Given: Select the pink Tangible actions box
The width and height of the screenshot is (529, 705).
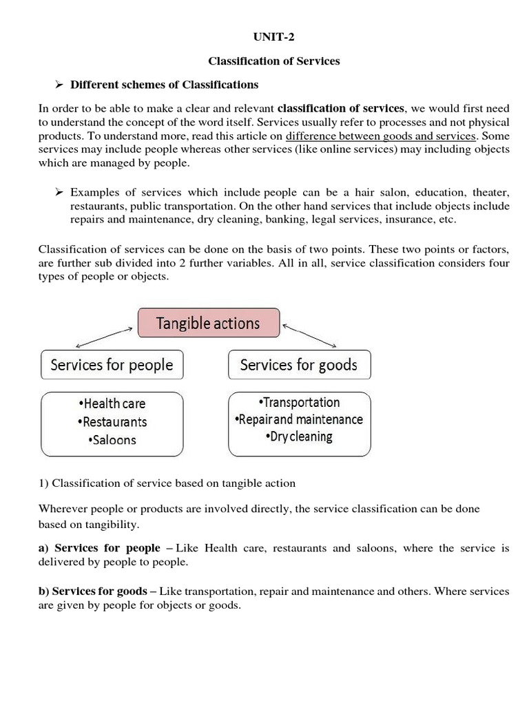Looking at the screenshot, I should coord(209,323).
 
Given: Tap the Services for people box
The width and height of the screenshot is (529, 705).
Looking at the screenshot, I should coord(112,365).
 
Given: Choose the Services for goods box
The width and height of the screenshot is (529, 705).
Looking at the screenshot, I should coord(298,365).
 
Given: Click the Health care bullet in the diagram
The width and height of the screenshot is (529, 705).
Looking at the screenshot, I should coord(113,403).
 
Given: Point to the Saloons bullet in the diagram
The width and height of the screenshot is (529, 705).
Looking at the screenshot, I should coord(113,440).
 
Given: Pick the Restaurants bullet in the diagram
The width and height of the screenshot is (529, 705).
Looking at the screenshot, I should coord(113,421).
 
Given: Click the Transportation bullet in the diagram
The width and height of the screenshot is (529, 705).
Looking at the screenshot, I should coord(299,402).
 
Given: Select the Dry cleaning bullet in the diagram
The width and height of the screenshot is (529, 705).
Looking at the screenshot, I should coord(299,436).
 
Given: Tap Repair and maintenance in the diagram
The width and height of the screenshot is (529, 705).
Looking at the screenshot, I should coord(299,419).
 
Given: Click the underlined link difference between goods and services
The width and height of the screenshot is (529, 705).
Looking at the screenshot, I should coord(380,136).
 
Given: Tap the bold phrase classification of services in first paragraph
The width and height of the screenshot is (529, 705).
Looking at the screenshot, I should coord(341,108).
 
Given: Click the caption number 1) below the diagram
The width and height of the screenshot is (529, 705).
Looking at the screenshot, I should coord(43,483).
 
